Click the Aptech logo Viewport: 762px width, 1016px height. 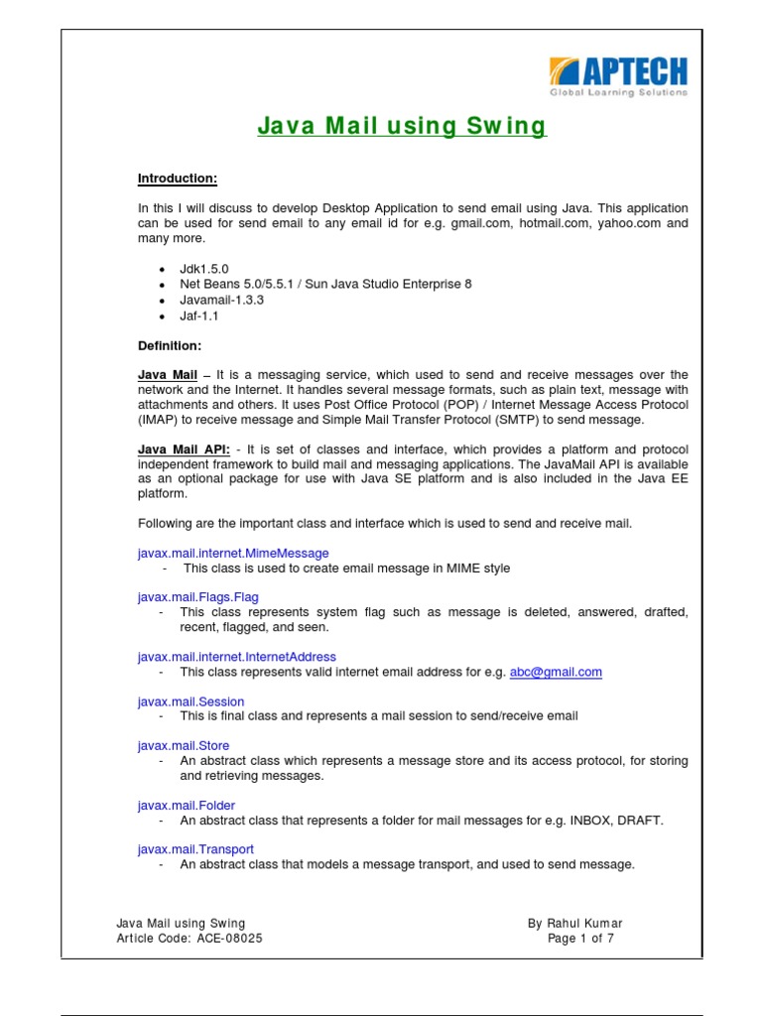(618, 77)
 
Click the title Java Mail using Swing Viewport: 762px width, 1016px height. (402, 127)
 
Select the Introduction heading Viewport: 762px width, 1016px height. (177, 179)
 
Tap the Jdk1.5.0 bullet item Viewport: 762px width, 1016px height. (203, 269)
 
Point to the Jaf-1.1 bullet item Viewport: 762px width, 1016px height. (198, 316)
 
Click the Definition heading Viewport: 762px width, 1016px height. (169, 345)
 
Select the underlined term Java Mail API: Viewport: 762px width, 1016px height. (184, 449)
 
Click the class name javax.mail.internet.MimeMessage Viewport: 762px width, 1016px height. (233, 553)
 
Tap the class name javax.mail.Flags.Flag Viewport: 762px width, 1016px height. (197, 596)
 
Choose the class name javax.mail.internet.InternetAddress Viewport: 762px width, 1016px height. (236, 657)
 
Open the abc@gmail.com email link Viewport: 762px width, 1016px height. (556, 672)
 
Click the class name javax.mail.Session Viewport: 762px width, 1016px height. (190, 701)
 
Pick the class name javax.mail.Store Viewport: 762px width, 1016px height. (183, 745)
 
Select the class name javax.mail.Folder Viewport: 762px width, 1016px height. (186, 806)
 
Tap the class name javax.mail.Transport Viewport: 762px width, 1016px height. (195, 849)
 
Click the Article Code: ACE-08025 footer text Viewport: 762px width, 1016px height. (190, 939)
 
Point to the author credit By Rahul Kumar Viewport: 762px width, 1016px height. (575, 924)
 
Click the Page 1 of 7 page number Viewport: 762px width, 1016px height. (580, 939)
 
